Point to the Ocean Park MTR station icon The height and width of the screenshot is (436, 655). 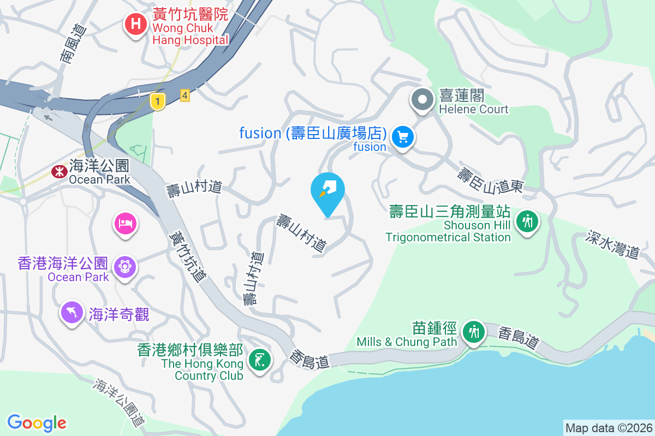click(x=57, y=172)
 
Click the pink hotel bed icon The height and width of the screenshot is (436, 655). click(x=125, y=223)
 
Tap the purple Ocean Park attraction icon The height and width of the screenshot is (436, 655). click(x=125, y=267)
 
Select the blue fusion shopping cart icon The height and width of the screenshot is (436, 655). click(x=403, y=136)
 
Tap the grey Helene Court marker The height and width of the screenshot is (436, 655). click(x=422, y=100)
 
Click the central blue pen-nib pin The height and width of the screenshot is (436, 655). click(x=327, y=190)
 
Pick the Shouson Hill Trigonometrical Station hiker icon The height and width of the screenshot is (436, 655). click(x=527, y=222)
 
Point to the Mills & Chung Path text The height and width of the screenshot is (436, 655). click(x=406, y=342)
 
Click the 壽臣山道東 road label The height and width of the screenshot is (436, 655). click(x=490, y=181)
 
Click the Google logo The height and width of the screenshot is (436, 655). click(x=37, y=423)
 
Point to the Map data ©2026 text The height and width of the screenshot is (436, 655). click(x=608, y=428)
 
